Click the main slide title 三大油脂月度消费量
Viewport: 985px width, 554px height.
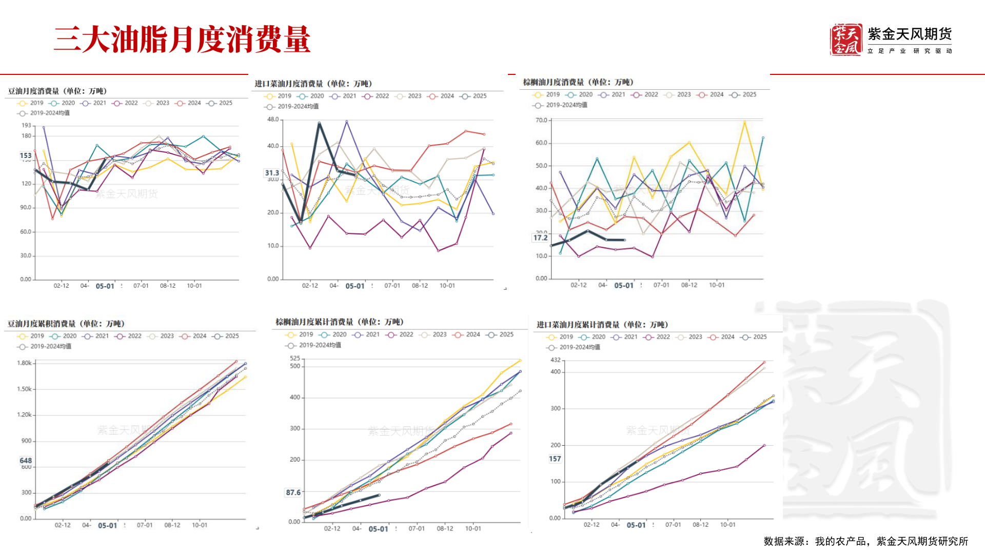point(182,39)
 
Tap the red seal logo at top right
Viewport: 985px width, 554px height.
point(845,39)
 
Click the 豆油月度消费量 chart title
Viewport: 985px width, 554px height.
point(57,91)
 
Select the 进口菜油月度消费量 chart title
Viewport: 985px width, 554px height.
point(313,84)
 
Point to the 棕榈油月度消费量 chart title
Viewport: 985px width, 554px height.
point(578,82)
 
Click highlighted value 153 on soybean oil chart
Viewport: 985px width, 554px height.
point(26,155)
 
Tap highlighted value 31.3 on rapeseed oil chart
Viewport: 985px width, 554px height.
point(272,173)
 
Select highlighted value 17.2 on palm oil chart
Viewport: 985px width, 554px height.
point(540,238)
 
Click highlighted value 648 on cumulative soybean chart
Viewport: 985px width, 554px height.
point(26,461)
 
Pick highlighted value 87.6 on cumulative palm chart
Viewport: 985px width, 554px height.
point(293,492)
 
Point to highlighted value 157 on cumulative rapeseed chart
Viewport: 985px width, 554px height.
point(555,459)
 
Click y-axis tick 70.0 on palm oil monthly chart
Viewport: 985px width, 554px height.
point(541,121)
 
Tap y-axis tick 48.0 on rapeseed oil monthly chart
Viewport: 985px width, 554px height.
point(272,120)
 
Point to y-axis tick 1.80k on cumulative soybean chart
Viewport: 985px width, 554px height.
point(24,363)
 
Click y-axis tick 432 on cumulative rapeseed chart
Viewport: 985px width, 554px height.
point(556,360)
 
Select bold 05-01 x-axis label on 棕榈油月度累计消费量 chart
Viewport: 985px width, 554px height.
point(378,529)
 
